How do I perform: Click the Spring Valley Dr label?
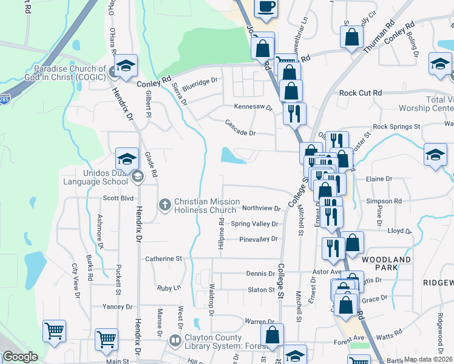tap(254, 224)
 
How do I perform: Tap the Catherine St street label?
tap(163, 259)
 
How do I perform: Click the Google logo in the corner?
tap(20, 357)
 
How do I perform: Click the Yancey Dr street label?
tap(118, 307)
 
